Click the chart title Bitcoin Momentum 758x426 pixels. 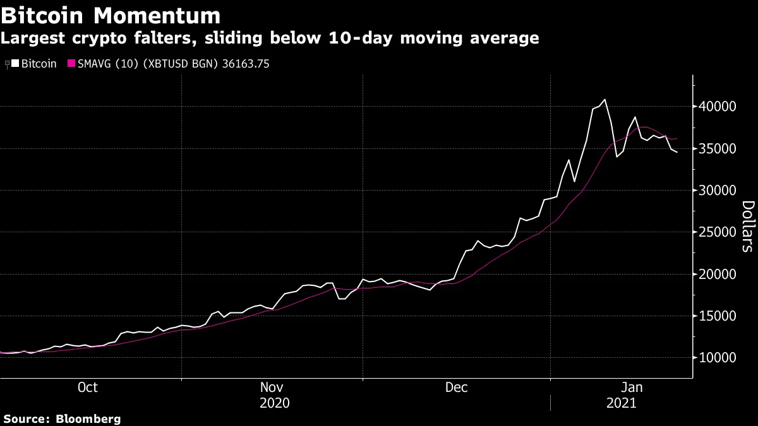tap(111, 15)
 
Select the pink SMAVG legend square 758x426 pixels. tap(71, 64)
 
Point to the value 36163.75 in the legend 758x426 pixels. tap(246, 64)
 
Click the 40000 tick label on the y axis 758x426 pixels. tap(718, 107)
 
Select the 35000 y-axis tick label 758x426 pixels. tap(718, 149)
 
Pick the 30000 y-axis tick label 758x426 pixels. tap(718, 191)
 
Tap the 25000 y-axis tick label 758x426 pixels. tap(718, 232)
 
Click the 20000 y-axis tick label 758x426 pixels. tap(718, 275)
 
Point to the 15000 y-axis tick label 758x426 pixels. tap(718, 316)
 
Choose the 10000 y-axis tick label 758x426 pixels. tap(718, 358)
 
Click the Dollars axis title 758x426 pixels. tap(747, 226)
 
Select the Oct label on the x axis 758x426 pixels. tap(87, 388)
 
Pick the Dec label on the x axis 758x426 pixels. tap(456, 388)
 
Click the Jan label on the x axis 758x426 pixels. tap(633, 388)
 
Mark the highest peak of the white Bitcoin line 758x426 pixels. tap(605, 99)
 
